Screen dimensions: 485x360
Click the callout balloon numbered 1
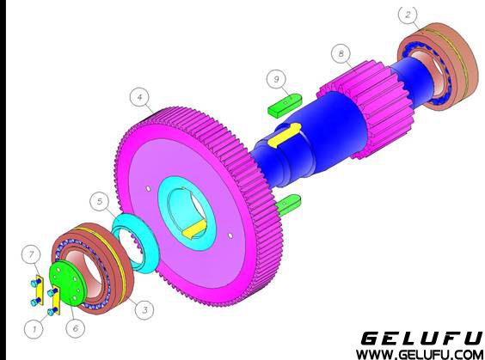34,329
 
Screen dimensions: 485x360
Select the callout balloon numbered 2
408,15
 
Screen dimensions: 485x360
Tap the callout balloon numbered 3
144,309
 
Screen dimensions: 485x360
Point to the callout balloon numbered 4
140,98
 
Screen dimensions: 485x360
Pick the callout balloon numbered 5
100,201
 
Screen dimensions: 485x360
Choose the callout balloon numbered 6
76,328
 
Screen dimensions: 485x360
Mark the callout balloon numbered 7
31,255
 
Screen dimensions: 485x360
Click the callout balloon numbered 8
341,53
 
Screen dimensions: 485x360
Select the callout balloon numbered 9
277,79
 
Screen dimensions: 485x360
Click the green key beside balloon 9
285,105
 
